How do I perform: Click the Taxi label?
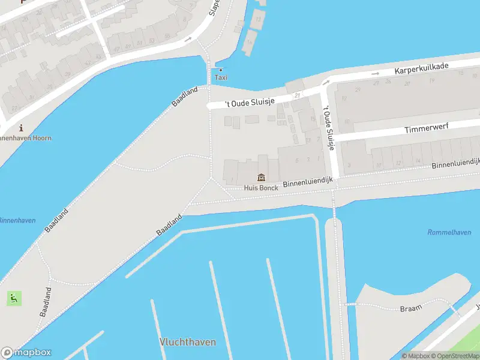click(221, 78)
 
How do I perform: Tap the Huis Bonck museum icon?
click(262, 178)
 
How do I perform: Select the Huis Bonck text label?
click(262, 188)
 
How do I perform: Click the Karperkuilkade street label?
click(421, 68)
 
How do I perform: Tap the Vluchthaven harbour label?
click(188, 342)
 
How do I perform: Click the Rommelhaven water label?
click(448, 232)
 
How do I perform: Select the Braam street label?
click(411, 307)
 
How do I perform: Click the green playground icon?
click(13, 298)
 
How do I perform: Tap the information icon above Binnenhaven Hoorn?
click(22, 128)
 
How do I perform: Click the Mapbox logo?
click(26, 353)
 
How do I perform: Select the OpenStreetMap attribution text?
click(455, 356)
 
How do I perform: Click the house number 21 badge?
click(297, 96)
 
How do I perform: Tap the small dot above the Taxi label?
click(221, 70)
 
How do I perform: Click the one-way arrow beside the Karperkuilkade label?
click(376, 73)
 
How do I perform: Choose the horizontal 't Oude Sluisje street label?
click(250, 102)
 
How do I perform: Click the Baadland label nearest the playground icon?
click(46, 302)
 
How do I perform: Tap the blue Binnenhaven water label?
click(17, 220)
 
